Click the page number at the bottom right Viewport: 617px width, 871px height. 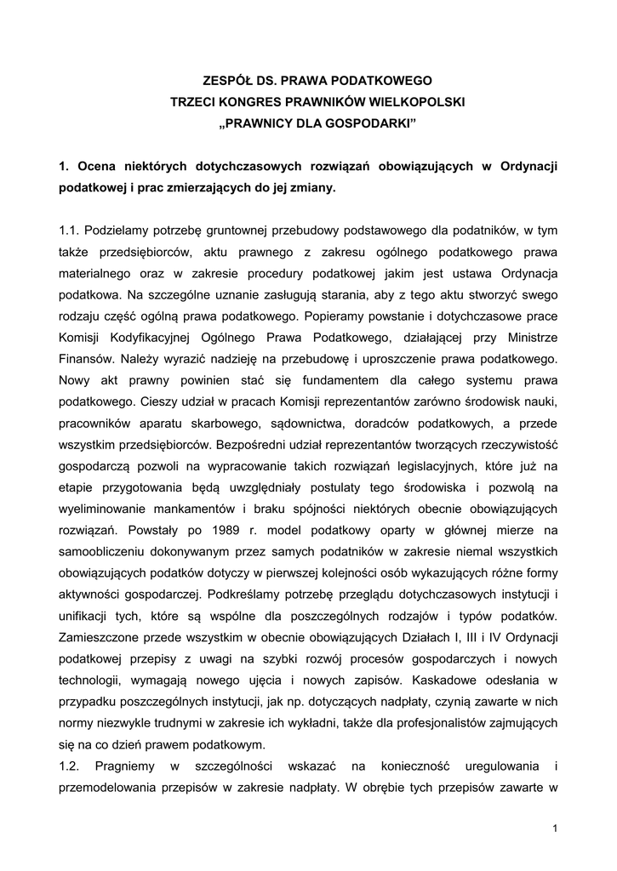[x=554, y=829]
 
